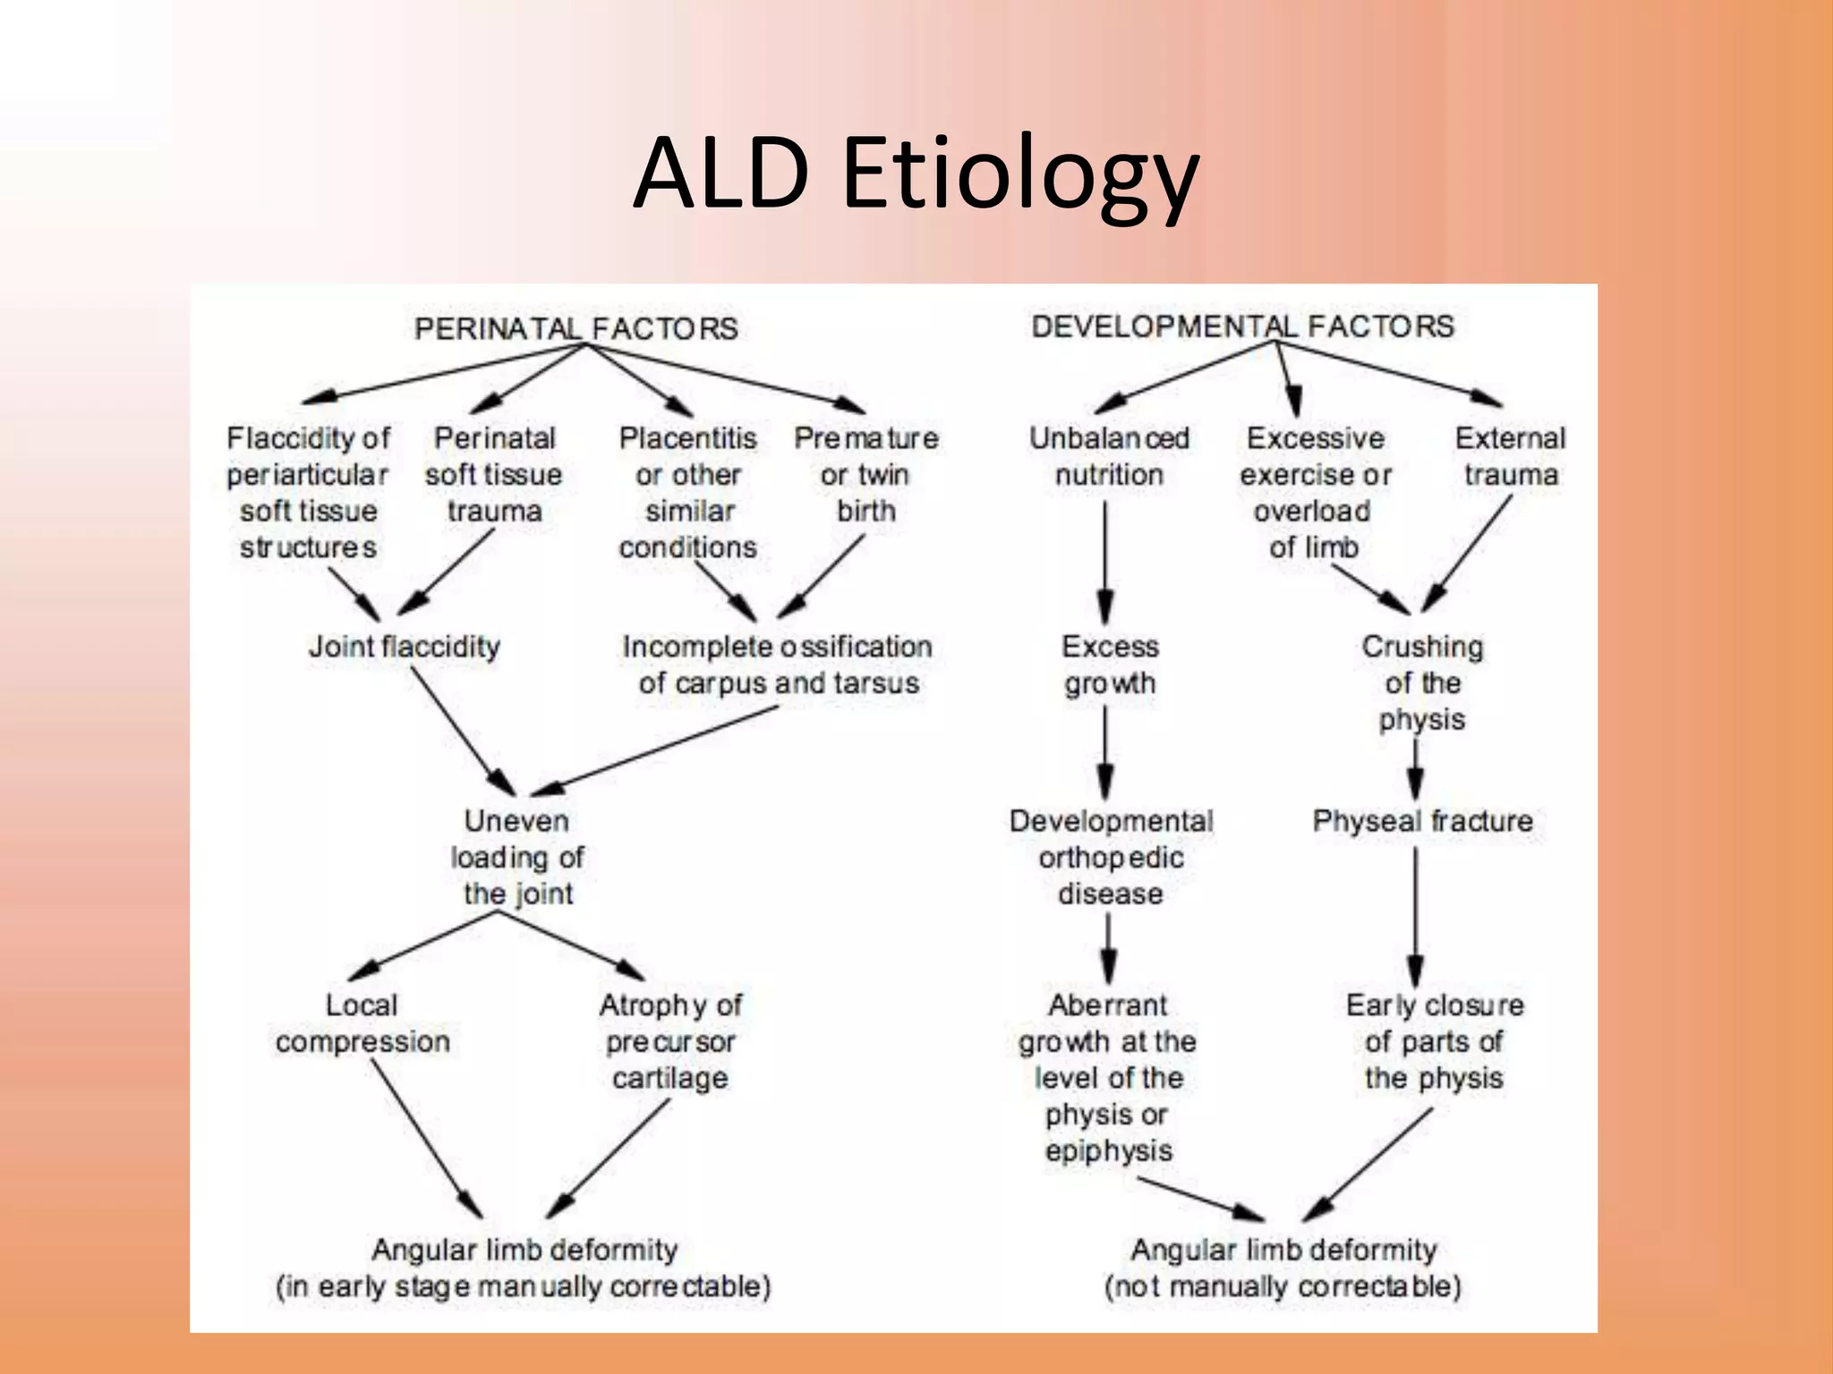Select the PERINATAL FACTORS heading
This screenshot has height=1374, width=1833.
point(576,328)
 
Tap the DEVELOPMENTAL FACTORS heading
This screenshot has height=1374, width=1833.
point(1242,327)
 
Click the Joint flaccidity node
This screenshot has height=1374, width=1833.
point(405,646)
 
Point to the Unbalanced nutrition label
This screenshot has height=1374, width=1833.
point(1109,456)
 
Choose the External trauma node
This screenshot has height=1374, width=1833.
point(1510,456)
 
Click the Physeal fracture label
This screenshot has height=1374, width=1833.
point(1422,820)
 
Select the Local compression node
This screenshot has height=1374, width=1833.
point(362,1023)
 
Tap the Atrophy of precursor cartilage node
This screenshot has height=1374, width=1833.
point(670,1041)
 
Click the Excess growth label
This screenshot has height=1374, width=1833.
point(1110,665)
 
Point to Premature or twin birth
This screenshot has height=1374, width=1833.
point(865,474)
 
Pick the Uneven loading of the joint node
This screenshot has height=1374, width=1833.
point(517,857)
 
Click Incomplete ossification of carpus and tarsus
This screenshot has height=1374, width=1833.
point(778,665)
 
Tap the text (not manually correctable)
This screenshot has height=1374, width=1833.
point(1283,1286)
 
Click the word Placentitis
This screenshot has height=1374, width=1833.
point(687,438)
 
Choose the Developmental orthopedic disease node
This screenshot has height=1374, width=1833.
point(1111,857)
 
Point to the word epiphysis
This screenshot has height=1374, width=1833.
point(1108,1150)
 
